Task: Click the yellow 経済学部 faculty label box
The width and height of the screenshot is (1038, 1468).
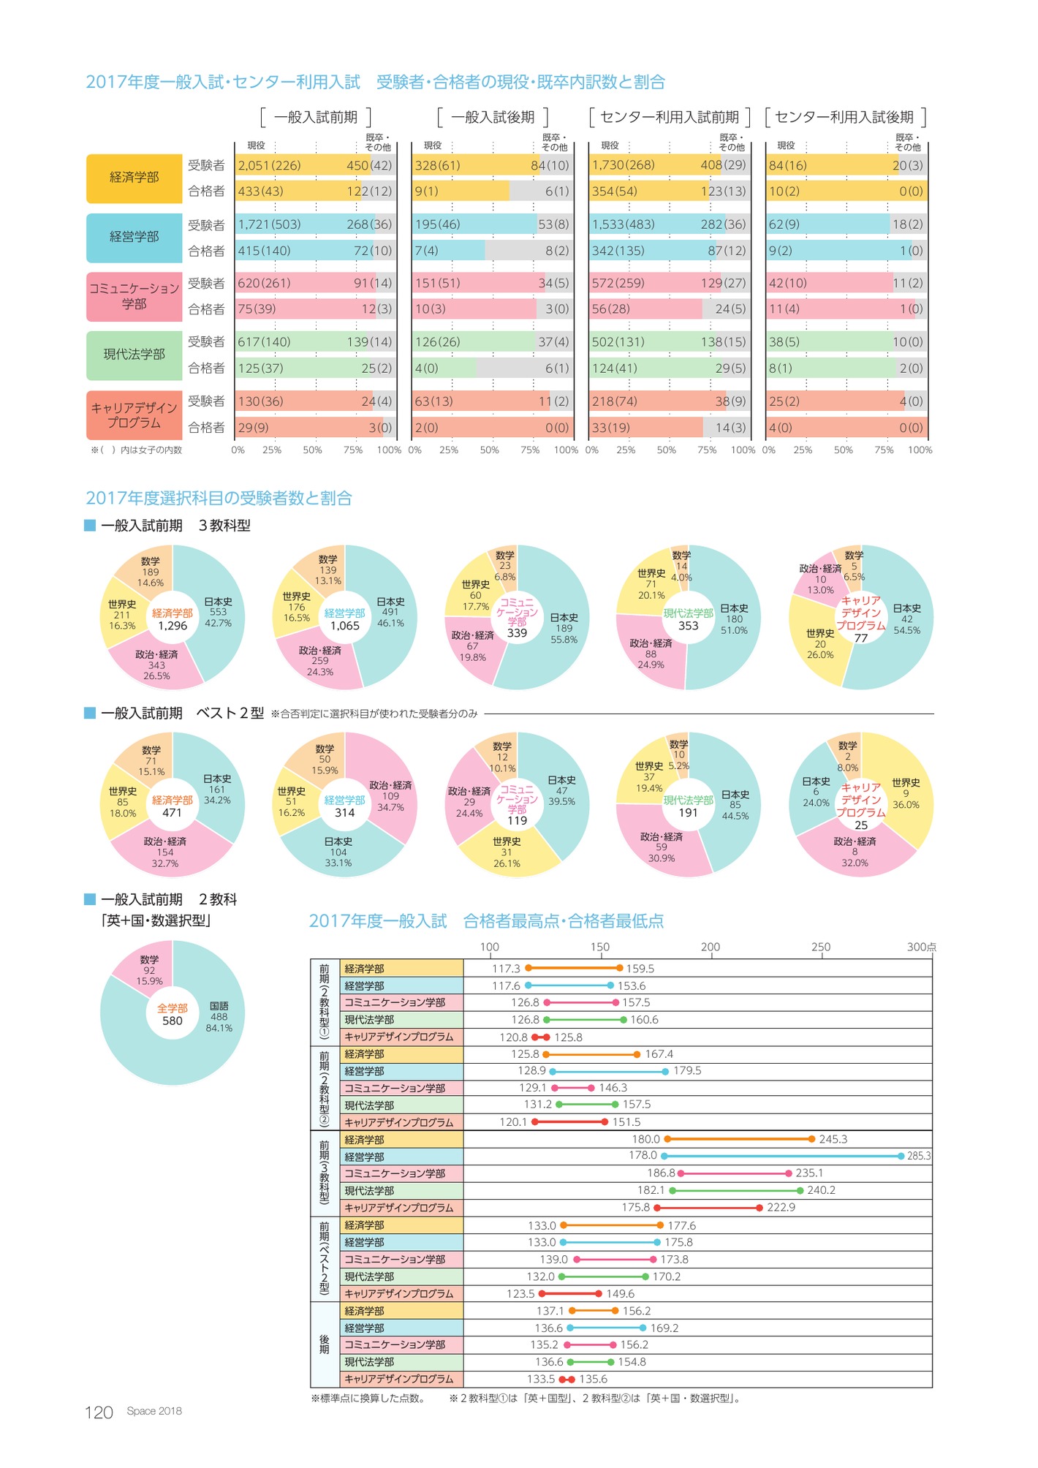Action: point(134,178)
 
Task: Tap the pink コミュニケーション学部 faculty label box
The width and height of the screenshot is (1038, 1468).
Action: point(134,296)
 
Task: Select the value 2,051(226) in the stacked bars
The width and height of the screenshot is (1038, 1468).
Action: point(270,165)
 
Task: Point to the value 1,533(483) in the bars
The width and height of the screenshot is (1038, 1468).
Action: point(623,224)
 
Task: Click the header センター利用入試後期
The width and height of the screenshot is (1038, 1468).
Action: point(844,117)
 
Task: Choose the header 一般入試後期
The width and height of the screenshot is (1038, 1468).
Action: point(493,117)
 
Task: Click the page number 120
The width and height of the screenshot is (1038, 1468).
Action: point(99,1412)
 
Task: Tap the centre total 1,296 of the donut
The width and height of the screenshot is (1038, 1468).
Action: point(173,626)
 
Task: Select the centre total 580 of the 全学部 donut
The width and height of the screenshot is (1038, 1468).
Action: point(173,1021)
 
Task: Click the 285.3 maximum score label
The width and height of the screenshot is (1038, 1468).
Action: point(919,1156)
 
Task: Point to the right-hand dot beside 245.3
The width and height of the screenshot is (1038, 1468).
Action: point(812,1139)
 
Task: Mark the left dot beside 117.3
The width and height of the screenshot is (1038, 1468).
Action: point(529,968)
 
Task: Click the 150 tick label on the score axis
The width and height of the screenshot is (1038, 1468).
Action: point(599,947)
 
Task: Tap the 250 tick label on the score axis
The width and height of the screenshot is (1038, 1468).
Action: point(820,947)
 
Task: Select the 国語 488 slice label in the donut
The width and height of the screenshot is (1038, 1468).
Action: point(219,1016)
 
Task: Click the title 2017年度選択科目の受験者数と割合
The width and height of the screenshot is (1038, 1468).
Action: point(219,498)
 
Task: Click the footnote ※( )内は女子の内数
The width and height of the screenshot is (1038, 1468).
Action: point(136,450)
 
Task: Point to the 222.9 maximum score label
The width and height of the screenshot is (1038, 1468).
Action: point(781,1207)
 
